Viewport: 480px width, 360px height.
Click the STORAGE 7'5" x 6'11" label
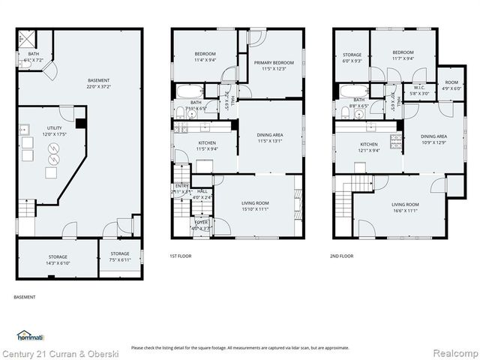120,256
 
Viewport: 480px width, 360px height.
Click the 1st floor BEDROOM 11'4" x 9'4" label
205,57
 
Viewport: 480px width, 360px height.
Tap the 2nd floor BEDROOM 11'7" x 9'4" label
403,55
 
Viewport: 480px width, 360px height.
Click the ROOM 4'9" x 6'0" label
451,85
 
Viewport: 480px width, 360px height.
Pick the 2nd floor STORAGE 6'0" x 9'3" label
352,58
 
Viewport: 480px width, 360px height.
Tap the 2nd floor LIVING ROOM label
405,207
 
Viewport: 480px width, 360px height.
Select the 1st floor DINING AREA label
268,136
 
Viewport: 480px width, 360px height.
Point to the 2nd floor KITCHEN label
368,147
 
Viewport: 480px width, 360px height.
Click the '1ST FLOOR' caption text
179,256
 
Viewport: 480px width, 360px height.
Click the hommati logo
30,335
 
